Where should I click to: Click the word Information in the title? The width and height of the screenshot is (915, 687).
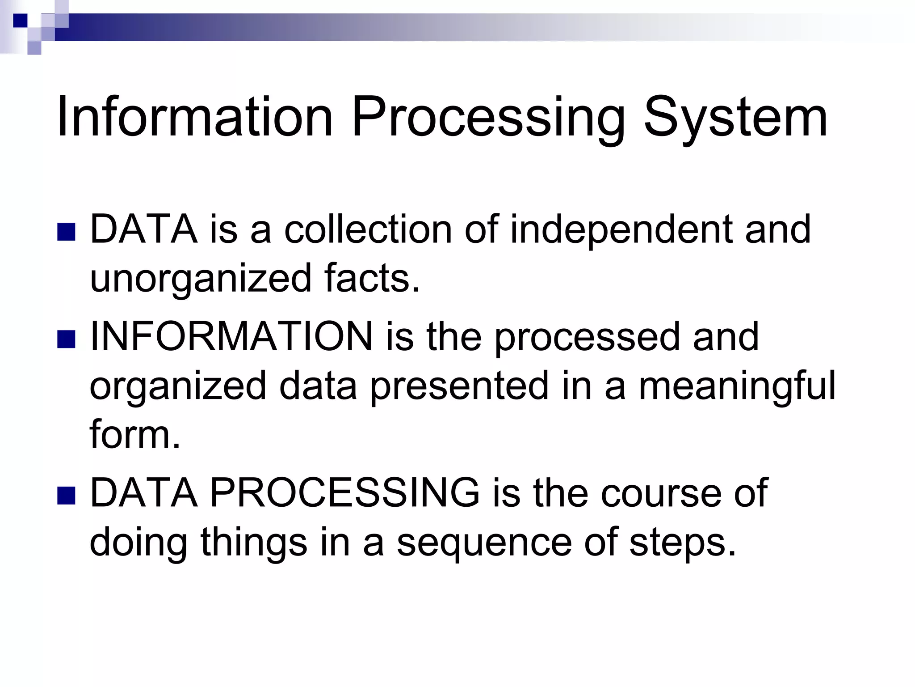click(195, 117)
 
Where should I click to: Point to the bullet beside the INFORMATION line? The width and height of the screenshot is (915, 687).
click(66, 339)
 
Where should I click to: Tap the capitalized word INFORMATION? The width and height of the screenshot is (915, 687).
click(231, 336)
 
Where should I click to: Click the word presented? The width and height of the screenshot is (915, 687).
click(459, 386)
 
